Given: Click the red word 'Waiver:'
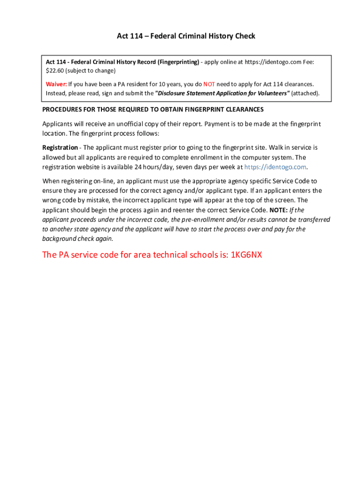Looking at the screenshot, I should coord(56,84).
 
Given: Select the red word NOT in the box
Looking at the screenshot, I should coord(209,84).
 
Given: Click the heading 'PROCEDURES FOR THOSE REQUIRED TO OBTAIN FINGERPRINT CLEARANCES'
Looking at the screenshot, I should coord(153,109).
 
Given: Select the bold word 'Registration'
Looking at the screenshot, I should coord(60,148).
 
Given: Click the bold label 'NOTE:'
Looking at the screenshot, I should coord(279,210).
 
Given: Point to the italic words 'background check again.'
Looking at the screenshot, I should coord(78,239).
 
